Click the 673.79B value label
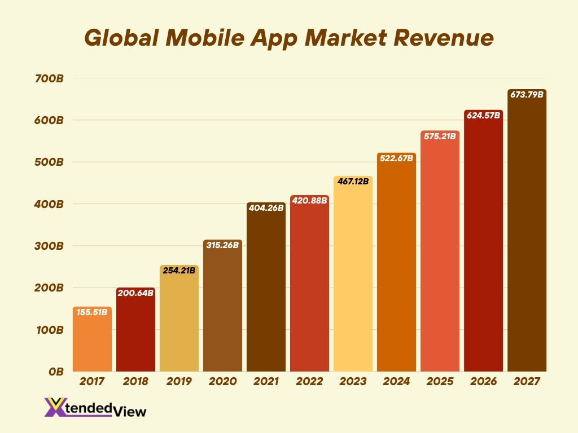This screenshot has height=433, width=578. [527, 95]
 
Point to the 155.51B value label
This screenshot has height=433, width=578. [92, 312]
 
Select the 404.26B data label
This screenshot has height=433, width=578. [266, 207]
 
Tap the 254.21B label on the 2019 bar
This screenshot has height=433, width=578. [179, 270]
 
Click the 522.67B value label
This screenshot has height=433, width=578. [396, 158]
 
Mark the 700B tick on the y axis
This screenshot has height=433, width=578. [50, 78]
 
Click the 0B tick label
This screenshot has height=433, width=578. [56, 371]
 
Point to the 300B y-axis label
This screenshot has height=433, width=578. [50, 246]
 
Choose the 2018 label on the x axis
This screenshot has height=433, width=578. [135, 382]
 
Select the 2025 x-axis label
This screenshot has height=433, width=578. [440, 382]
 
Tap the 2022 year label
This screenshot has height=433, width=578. [309, 382]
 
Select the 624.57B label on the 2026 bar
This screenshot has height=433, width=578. [483, 116]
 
